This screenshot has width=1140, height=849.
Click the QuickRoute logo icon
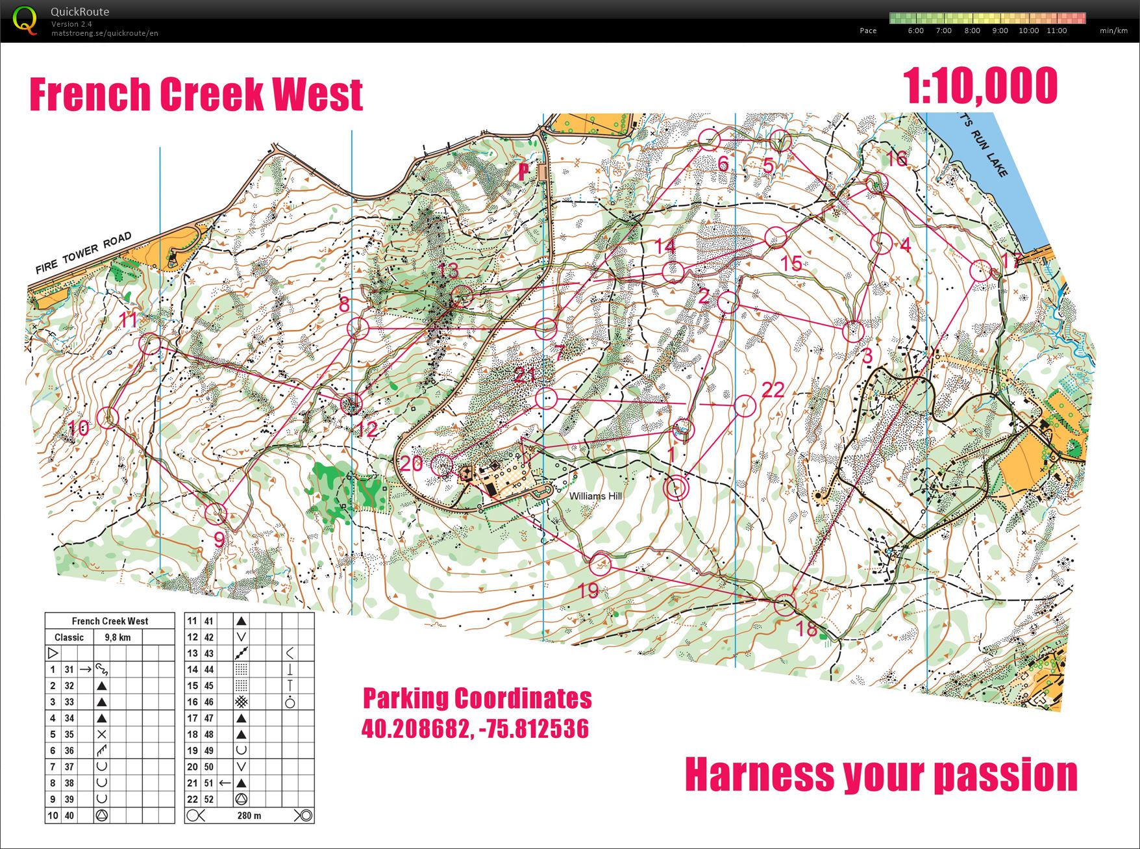pos(25,20)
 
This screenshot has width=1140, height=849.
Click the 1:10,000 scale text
pos(980,86)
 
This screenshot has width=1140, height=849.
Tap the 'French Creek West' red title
pos(196,95)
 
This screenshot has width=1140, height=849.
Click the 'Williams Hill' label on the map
pos(595,496)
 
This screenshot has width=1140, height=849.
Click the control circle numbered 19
pos(600,564)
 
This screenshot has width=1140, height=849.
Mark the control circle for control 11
pos(151,344)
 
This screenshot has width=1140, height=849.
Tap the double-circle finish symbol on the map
pos(676,488)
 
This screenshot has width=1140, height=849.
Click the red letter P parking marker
pos(524,171)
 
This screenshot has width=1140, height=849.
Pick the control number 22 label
pos(773,390)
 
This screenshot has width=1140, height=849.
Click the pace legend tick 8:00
pos(972,31)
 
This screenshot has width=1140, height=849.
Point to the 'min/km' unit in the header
pos(1113,31)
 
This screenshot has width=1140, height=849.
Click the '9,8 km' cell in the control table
pos(118,637)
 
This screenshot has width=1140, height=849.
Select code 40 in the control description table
pos(69,815)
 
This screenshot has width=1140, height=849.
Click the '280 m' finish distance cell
pos(249,815)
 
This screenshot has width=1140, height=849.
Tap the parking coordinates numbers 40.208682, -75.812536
pos(475,729)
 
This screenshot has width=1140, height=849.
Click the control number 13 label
pos(448,270)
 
